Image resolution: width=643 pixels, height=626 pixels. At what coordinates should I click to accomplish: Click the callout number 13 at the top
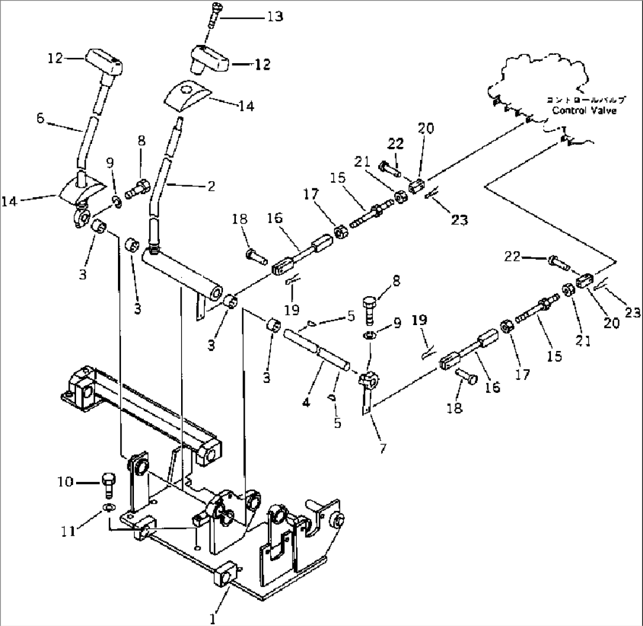point(274,17)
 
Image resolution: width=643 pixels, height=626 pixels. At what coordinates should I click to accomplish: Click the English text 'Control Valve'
point(583,110)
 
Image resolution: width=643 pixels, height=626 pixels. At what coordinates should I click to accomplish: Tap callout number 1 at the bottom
point(213,618)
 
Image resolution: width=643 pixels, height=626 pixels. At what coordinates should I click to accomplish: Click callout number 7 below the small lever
point(383,449)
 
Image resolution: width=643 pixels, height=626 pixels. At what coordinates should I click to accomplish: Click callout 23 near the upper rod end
point(459,219)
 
